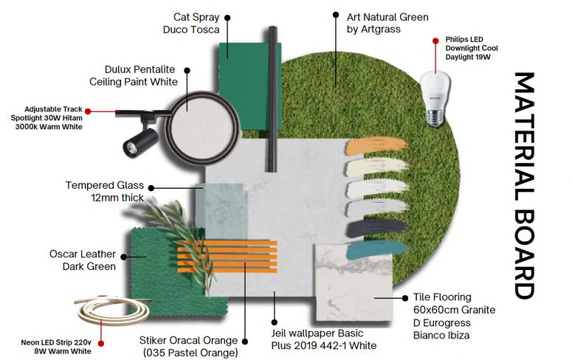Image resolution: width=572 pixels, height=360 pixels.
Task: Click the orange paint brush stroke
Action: pos(376,146)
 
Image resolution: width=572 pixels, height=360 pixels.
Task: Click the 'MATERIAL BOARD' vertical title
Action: pos(523,184)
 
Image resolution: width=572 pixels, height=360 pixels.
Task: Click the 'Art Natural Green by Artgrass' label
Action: pos(387,23)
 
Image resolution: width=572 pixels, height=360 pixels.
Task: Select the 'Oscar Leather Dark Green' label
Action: pos(83,260)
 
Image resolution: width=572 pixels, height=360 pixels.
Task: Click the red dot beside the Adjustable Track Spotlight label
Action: pos(88,111)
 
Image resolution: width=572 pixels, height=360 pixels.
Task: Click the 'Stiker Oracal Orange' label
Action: pos(188,346)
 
